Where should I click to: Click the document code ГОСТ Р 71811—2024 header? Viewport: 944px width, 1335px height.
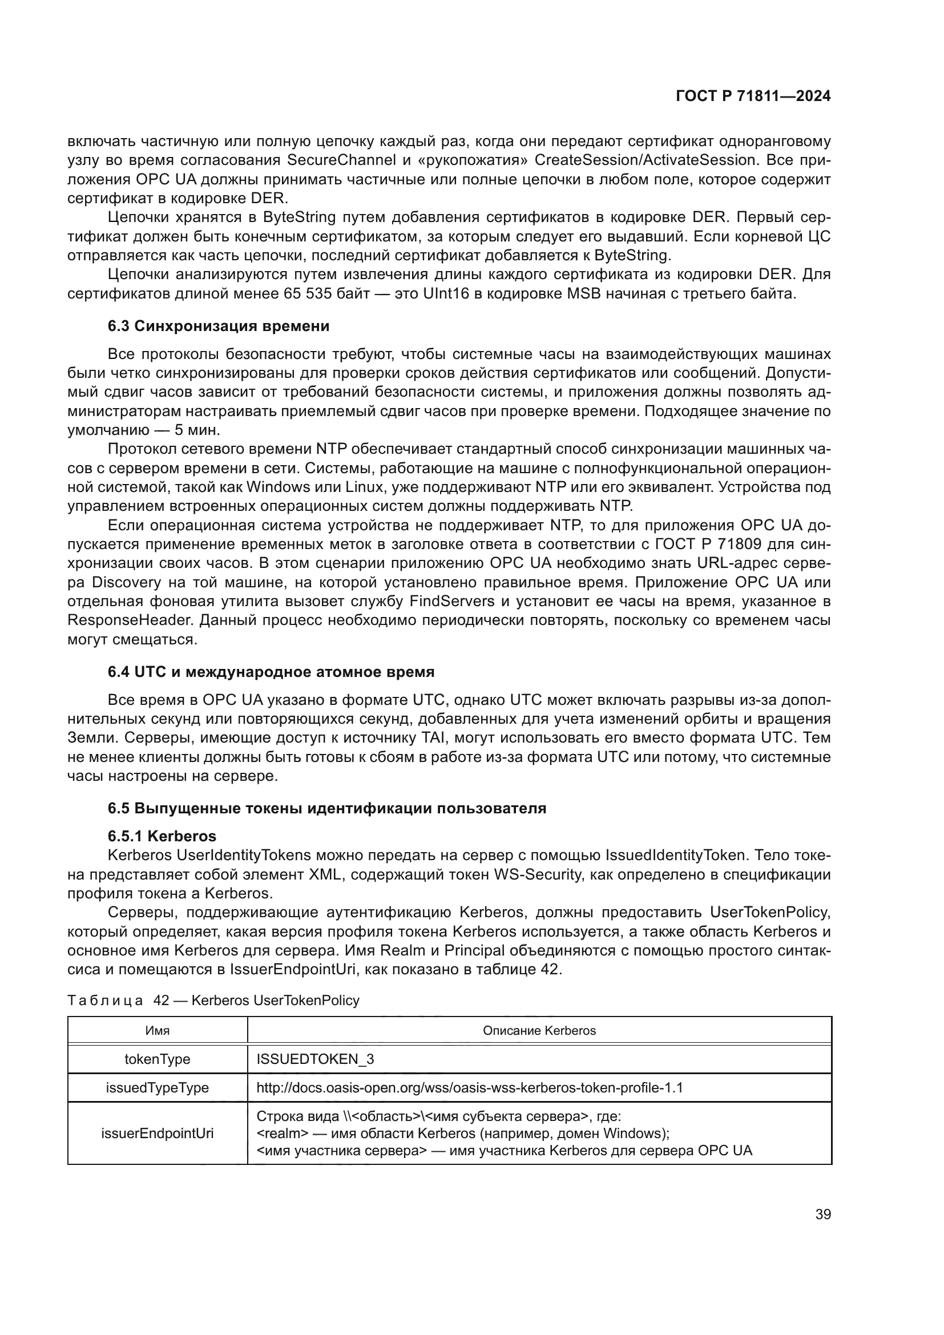pyautogui.click(x=753, y=96)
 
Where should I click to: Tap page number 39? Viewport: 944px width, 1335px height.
pyautogui.click(x=822, y=1214)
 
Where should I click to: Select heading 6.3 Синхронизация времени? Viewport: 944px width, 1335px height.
pyautogui.click(x=219, y=326)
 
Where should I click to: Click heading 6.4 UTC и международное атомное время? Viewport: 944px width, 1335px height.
pyautogui.click(x=271, y=672)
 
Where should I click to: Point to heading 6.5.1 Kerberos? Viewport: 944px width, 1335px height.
pyautogui.click(x=162, y=836)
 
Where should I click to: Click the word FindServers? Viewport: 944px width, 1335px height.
pyautogui.click(x=451, y=601)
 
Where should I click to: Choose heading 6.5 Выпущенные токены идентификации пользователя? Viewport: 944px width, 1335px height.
pyautogui.click(x=326, y=808)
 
